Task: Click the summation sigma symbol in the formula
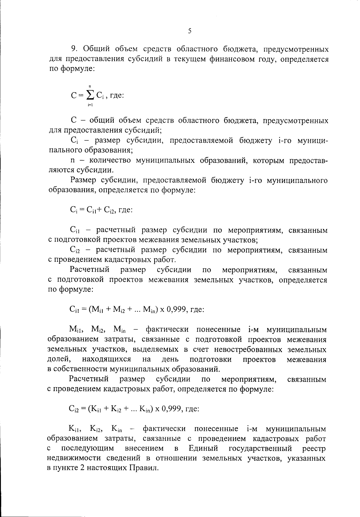pyautogui.click(x=90, y=95)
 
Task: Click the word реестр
pyautogui.click(x=314, y=448)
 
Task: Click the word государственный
pyautogui.click(x=260, y=448)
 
